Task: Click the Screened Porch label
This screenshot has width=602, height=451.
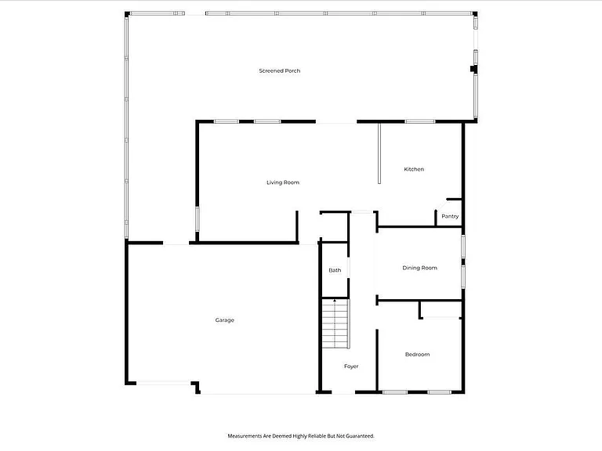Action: click(280, 71)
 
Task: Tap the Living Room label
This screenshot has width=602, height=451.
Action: click(283, 182)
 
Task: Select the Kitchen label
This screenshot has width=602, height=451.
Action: click(414, 169)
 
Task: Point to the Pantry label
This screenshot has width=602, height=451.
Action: click(450, 216)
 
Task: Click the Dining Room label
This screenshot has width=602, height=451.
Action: click(419, 268)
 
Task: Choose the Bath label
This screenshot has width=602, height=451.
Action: click(335, 270)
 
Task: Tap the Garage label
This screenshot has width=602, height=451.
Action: click(225, 320)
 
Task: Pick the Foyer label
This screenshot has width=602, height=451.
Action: click(351, 366)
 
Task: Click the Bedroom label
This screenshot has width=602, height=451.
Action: click(417, 355)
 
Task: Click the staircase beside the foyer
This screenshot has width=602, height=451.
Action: click(335, 323)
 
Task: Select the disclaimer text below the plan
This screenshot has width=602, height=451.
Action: click(301, 436)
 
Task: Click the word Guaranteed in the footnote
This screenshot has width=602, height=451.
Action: click(360, 436)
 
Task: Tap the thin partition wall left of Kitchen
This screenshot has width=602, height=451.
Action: click(379, 153)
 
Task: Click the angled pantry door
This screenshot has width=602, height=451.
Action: click(441, 204)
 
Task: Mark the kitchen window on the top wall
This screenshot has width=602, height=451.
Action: click(420, 121)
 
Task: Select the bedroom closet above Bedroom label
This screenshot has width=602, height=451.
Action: click(441, 309)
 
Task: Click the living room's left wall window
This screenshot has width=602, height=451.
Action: click(198, 219)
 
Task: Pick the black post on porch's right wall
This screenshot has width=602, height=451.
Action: click(473, 69)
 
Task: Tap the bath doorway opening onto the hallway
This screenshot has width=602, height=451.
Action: click(349, 268)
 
